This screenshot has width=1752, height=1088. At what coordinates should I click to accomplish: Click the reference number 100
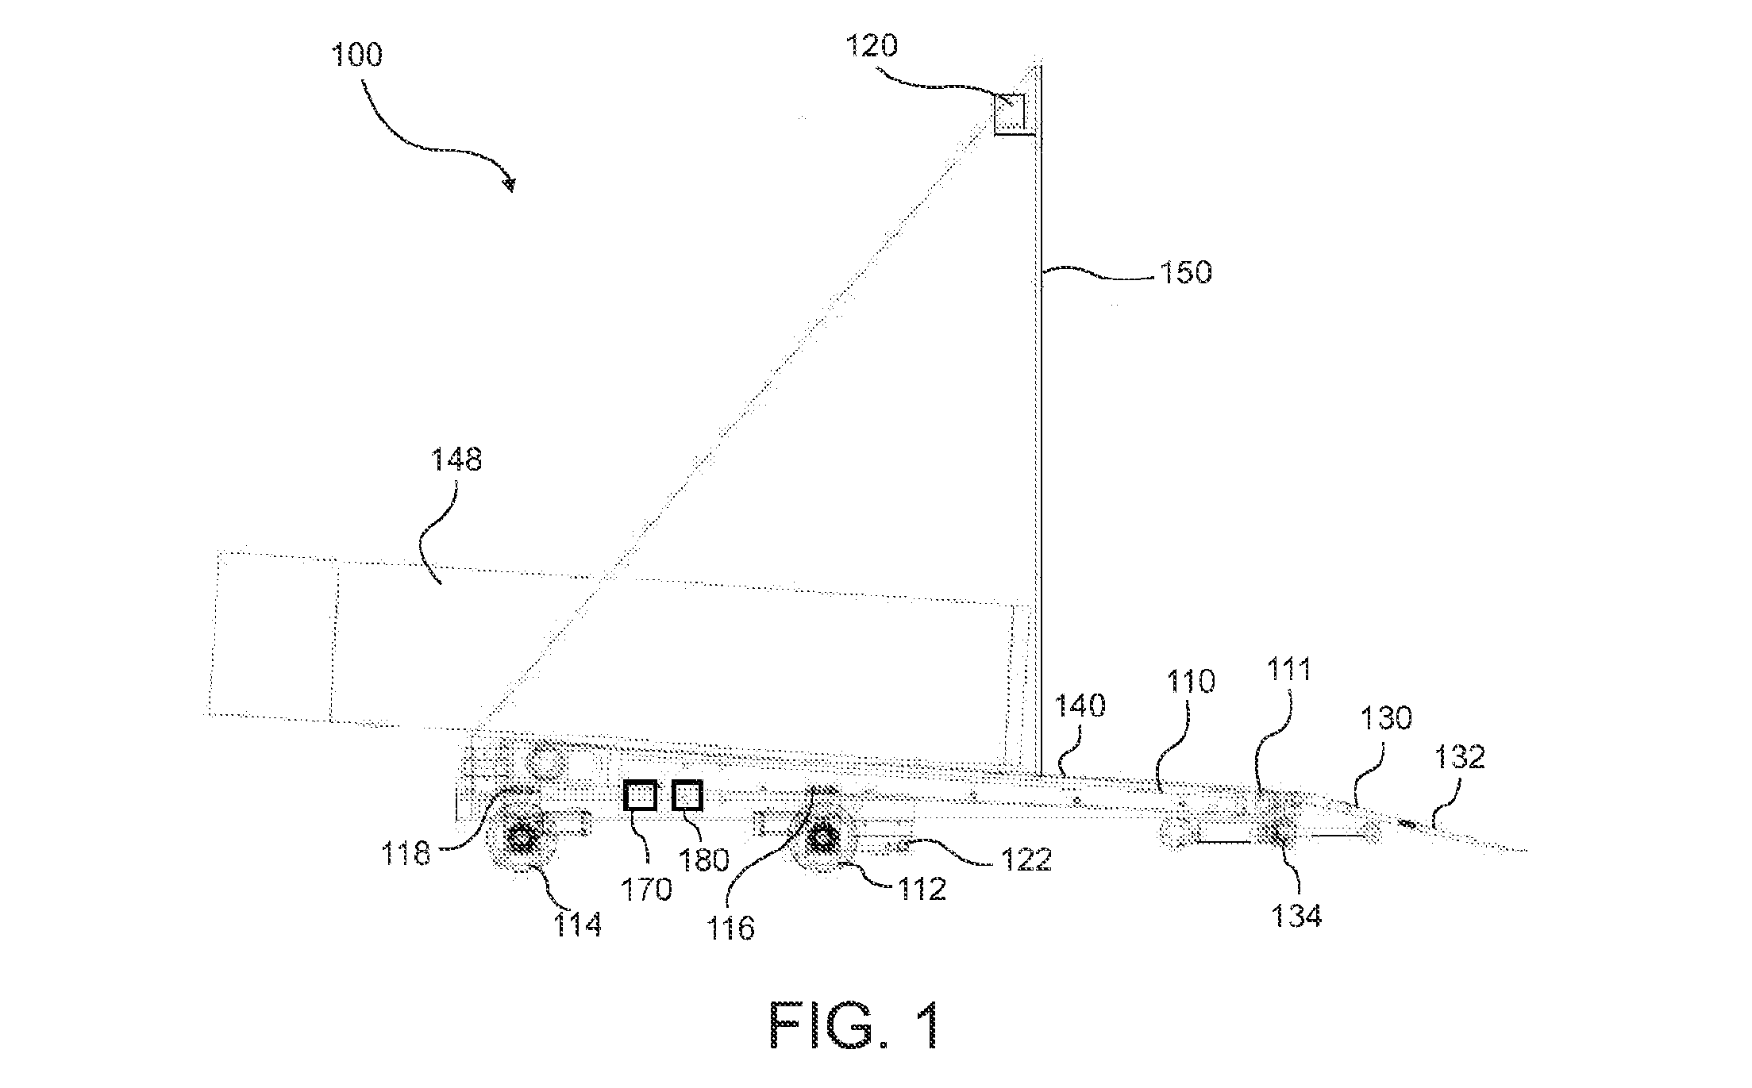pyautogui.click(x=356, y=56)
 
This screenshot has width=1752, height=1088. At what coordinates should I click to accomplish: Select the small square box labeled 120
pyautogui.click(x=1011, y=114)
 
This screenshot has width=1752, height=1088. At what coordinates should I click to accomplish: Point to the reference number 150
pyautogui.click(x=1186, y=272)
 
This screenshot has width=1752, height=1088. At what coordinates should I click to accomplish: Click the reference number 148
pyautogui.click(x=456, y=459)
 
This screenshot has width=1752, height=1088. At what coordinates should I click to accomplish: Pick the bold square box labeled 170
pyautogui.click(x=641, y=795)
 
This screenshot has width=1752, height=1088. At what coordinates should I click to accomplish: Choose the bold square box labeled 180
pyautogui.click(x=687, y=795)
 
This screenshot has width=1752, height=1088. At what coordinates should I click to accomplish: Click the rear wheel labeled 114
pyautogui.click(x=523, y=839)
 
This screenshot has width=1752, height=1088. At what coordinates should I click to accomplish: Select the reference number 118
pyautogui.click(x=406, y=854)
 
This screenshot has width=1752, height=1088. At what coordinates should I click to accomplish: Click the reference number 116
pyautogui.click(x=730, y=927)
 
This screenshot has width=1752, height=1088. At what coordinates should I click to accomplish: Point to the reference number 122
pyautogui.click(x=1026, y=859)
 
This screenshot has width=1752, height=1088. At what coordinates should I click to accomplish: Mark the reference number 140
pyautogui.click(x=1080, y=705)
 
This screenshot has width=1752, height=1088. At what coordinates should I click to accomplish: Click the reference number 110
pyautogui.click(x=1190, y=682)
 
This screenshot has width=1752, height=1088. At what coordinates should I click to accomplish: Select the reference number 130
pyautogui.click(x=1386, y=718)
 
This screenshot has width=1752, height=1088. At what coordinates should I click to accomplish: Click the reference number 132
pyautogui.click(x=1459, y=757)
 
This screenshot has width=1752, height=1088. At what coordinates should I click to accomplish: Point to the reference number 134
pyautogui.click(x=1296, y=916)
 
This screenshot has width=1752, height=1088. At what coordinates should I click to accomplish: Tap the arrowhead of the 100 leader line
pyautogui.click(x=510, y=186)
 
